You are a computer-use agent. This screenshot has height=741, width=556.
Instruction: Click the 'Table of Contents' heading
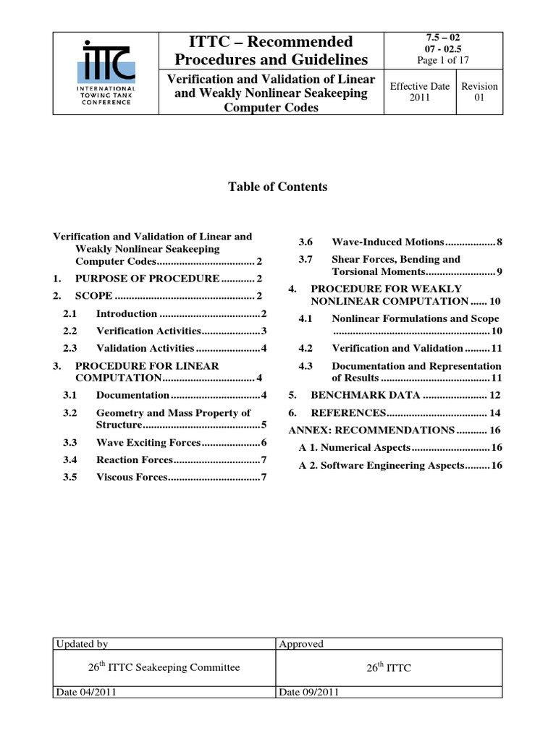point(278,187)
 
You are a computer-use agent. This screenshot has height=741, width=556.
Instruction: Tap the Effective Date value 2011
point(420,98)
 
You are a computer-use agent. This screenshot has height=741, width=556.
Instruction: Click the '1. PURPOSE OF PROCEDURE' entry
point(156,279)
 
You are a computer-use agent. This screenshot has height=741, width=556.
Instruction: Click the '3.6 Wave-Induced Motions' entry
point(400,242)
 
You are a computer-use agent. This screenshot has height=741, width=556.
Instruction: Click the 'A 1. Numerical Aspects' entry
point(400,448)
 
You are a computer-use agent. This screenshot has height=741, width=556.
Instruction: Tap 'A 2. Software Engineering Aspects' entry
point(400,465)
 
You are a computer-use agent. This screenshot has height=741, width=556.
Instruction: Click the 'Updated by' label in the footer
point(81,643)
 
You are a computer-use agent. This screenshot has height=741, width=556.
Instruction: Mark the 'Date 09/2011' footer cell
point(309,692)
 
